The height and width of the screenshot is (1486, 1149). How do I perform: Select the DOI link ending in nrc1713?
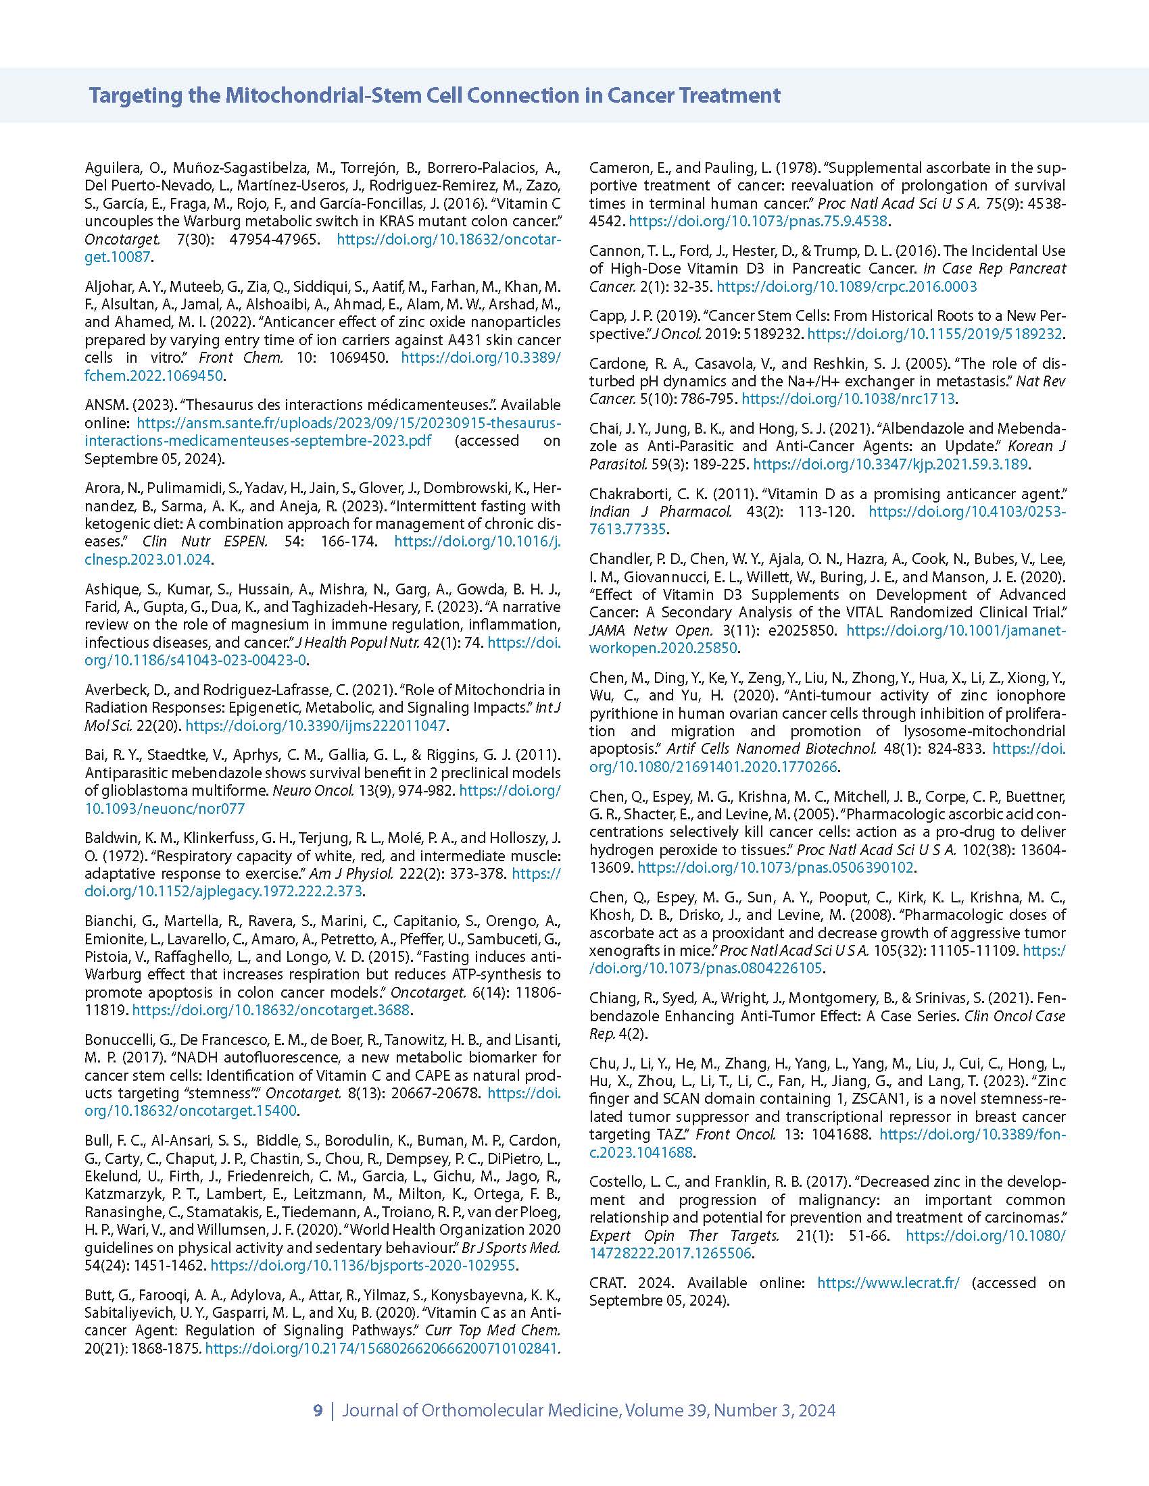[848, 399]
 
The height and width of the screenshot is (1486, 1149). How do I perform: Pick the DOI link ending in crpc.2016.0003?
[846, 286]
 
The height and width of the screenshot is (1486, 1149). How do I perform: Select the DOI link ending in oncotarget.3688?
[271, 1010]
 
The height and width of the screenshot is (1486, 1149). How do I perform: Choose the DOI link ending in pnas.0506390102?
[776, 867]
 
